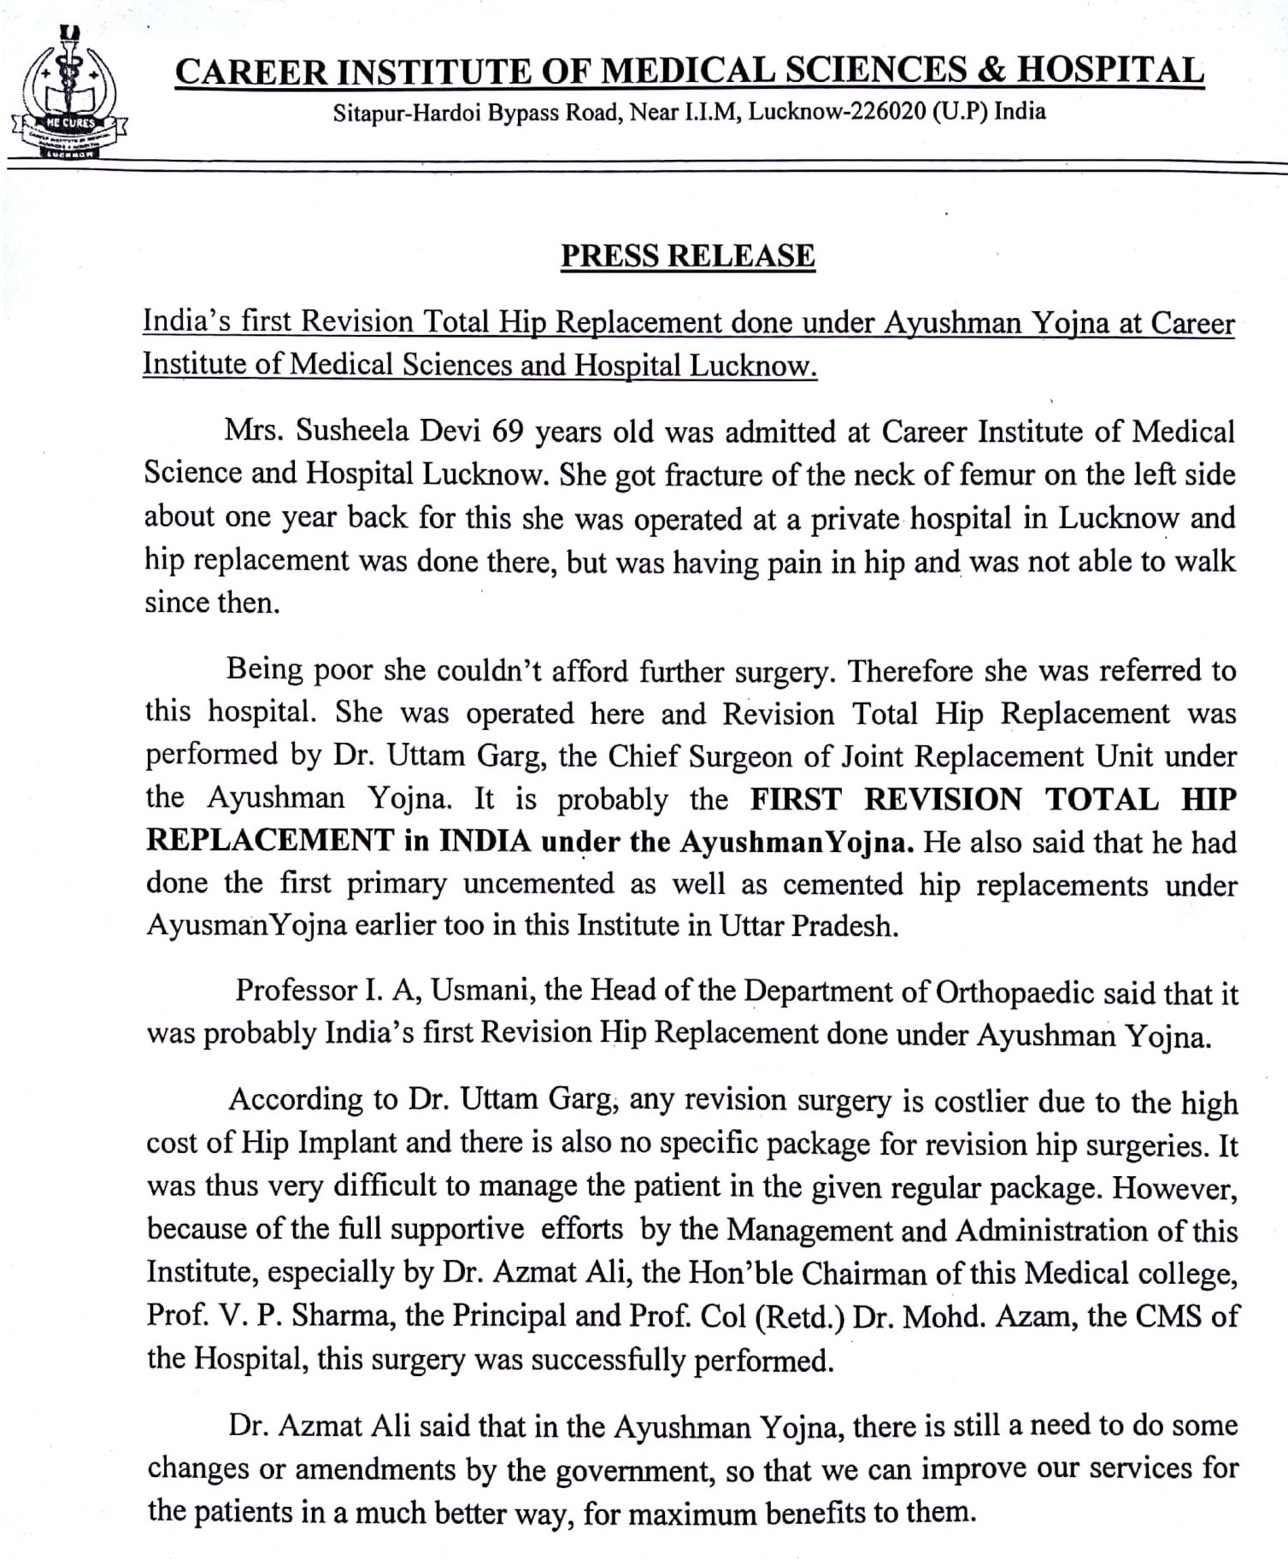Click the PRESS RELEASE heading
tap(687, 256)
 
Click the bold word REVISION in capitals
tap(942, 799)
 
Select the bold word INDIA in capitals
tap(485, 842)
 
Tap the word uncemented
tap(538, 884)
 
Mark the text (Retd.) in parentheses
tap(800, 1316)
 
